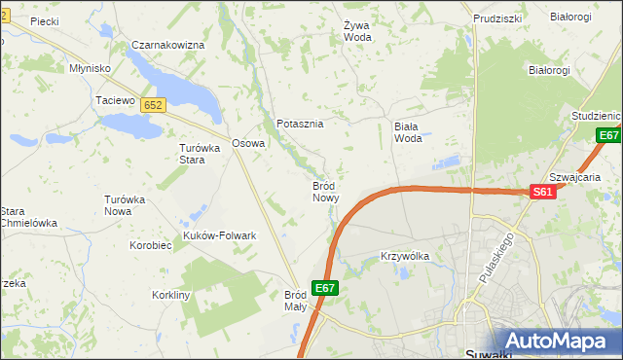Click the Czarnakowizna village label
[168, 46]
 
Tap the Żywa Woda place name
[357, 31]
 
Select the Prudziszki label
[497, 18]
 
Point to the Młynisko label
[90, 69]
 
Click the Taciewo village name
[114, 100]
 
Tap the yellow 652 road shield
[152, 104]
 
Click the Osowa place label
[248, 144]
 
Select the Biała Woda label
[408, 131]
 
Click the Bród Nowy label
[325, 191]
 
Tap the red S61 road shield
[543, 194]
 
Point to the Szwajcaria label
[574, 178]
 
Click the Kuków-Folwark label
[219, 235]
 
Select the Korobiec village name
[150, 245]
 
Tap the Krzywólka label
[404, 256]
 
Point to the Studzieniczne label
[596, 115]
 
